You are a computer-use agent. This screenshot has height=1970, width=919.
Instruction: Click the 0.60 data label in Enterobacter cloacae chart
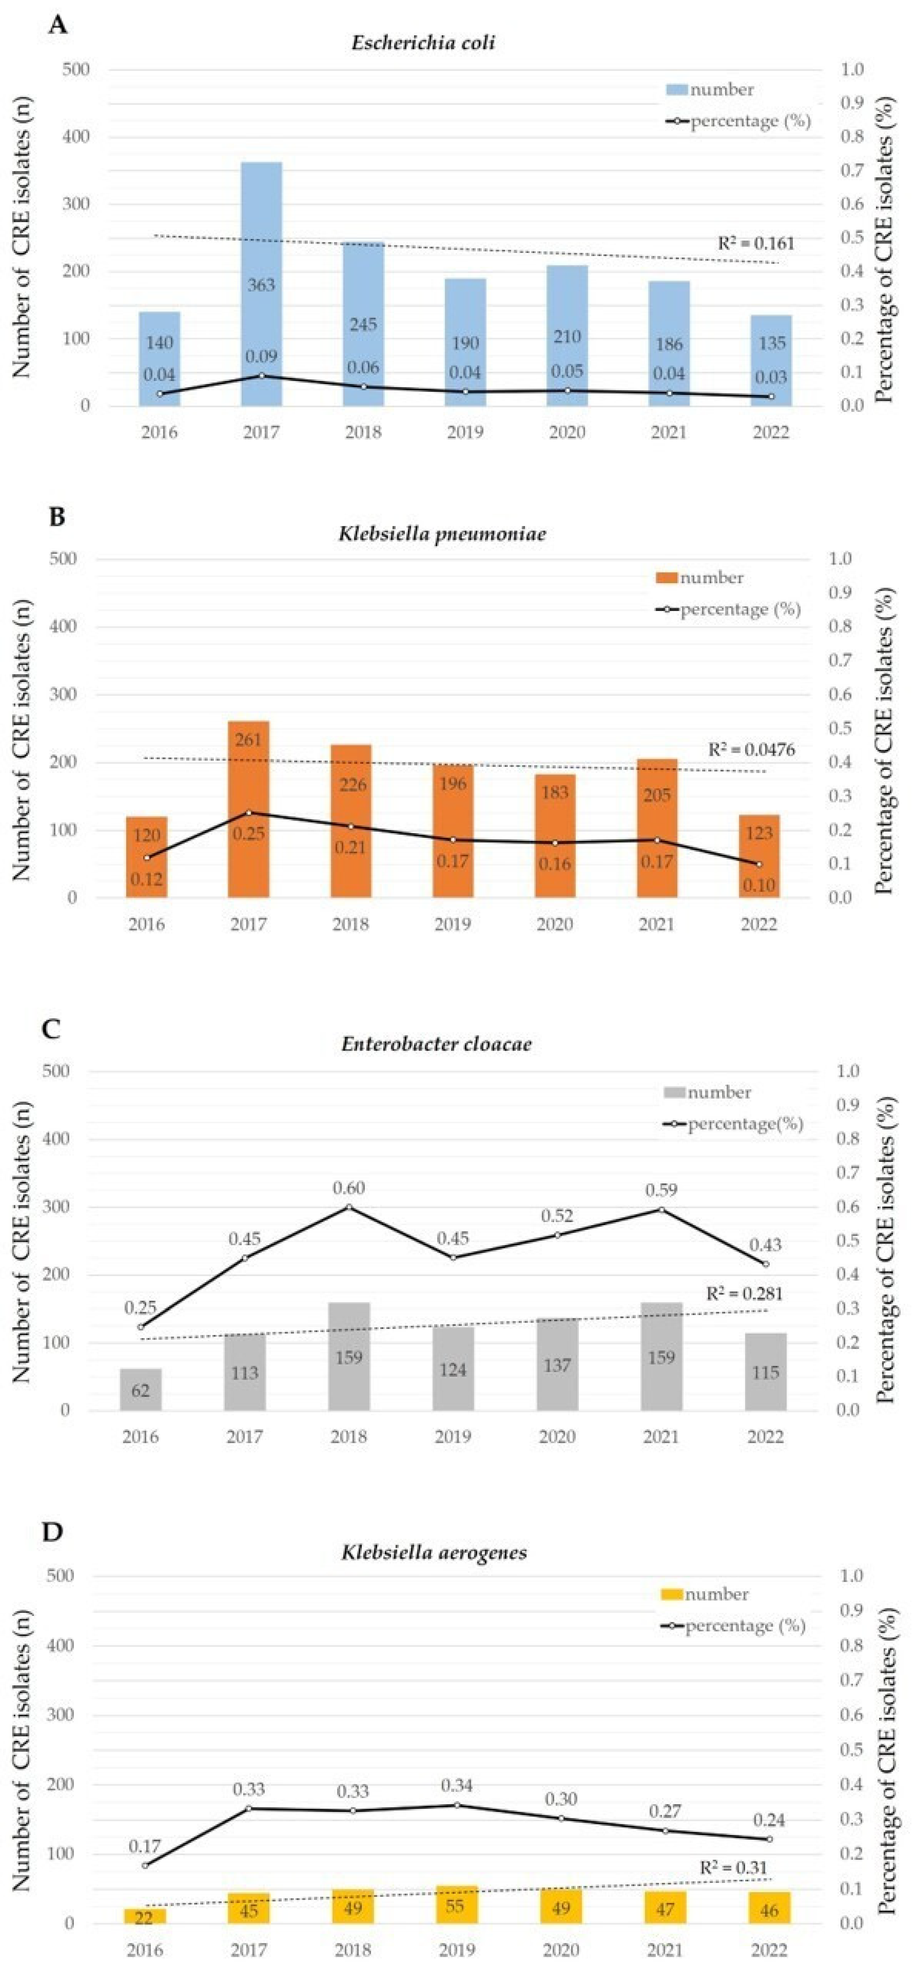(349, 1188)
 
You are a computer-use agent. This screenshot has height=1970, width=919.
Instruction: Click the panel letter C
(52, 1030)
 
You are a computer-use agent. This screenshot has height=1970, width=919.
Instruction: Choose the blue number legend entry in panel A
(710, 89)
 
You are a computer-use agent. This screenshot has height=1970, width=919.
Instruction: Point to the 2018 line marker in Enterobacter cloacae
(349, 1207)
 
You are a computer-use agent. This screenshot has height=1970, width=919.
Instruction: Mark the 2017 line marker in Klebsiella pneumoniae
(249, 812)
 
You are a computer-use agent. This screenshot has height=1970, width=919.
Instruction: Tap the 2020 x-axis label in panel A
(567, 433)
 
